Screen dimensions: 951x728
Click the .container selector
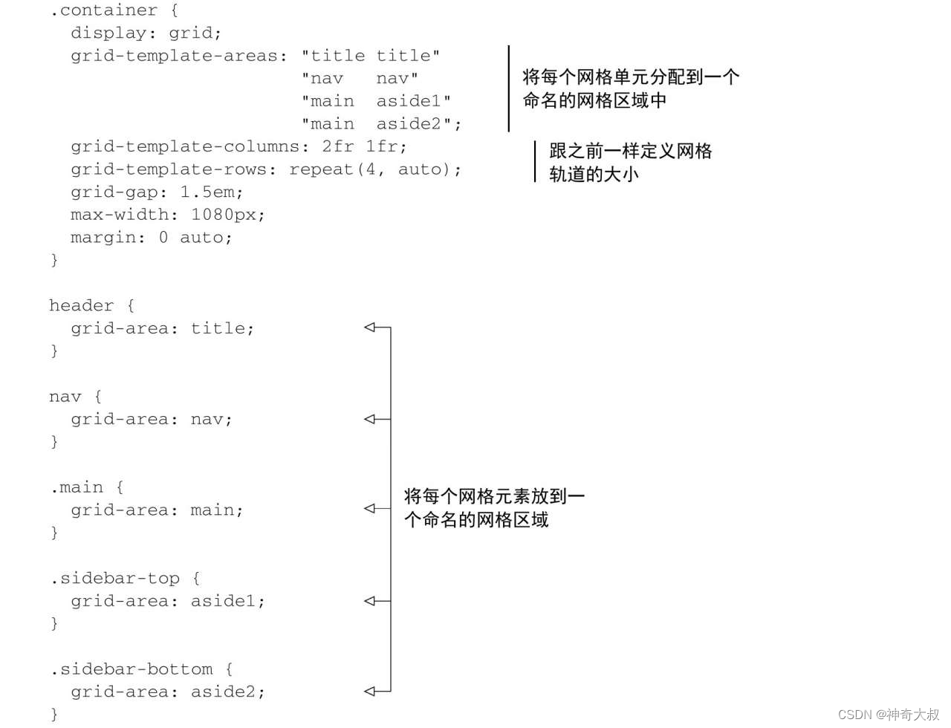[x=103, y=10]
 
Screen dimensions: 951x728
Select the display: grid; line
[x=146, y=33]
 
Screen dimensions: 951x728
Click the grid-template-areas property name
[x=174, y=56]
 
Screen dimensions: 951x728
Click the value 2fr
[x=337, y=146]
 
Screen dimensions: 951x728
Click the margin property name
[x=104, y=238]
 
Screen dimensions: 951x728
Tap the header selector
[x=81, y=305]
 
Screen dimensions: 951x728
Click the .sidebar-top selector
[x=115, y=578]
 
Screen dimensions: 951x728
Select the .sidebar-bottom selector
[x=132, y=669]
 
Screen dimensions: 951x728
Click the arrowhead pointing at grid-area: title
[x=370, y=327]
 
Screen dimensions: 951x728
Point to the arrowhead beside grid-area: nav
[x=370, y=419]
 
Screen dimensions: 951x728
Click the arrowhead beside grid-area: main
[x=370, y=509]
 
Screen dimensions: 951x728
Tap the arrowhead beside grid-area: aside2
[x=370, y=691]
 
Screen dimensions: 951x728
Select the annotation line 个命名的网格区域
[x=476, y=520]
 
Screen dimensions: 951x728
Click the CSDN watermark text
[x=889, y=715]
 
